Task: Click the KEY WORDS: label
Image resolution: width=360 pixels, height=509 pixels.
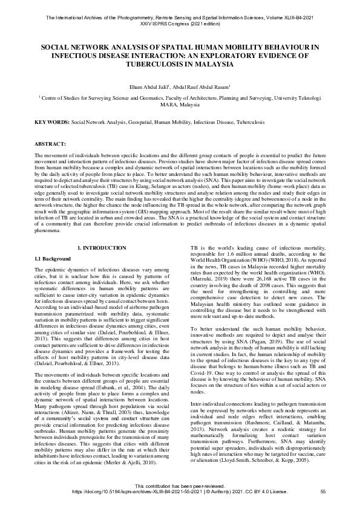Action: coord(52,122)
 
